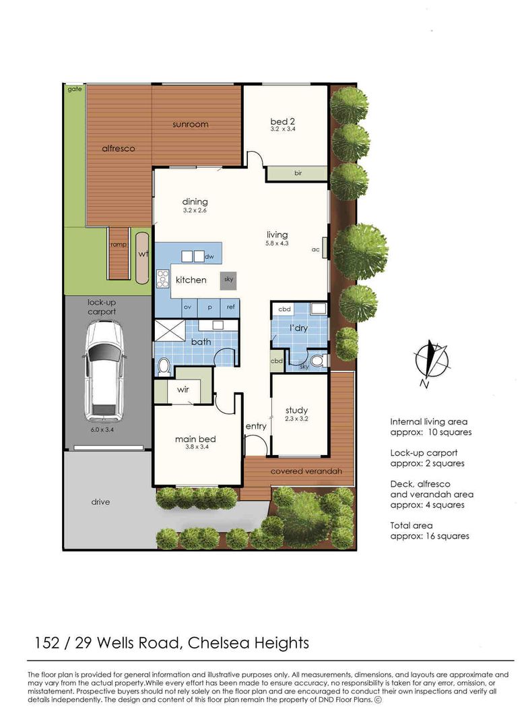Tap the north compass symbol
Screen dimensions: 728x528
click(431, 360)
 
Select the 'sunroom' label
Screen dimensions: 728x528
click(190, 124)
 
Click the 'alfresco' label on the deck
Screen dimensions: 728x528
click(119, 148)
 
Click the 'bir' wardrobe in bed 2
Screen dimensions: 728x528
click(297, 173)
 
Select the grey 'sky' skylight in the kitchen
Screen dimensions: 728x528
click(229, 277)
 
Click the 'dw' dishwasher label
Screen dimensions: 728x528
click(209, 256)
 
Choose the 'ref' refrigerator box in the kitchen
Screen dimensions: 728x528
click(230, 307)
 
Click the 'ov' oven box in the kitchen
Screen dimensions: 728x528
click(188, 307)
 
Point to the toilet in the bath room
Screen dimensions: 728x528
click(164, 366)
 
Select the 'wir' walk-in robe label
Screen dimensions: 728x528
click(183, 390)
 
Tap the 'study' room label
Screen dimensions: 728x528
click(296, 410)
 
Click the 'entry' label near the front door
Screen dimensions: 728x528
click(256, 426)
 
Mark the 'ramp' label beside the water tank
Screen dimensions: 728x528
click(119, 245)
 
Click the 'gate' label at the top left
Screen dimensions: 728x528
click(74, 89)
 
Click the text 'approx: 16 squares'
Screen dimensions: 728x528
click(430, 536)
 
